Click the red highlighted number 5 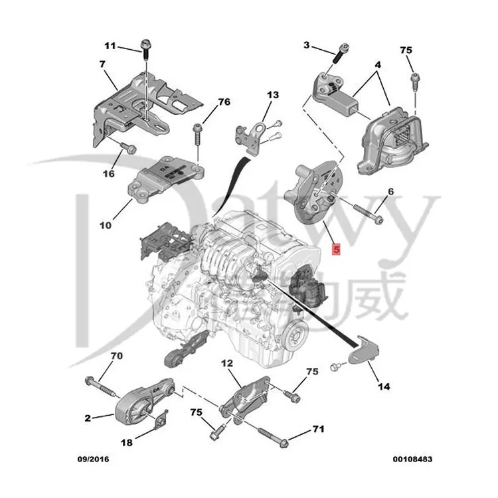336,250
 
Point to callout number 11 110,46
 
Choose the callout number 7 102,64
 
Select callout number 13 274,95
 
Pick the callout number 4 377,65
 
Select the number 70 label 116,356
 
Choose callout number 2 88,418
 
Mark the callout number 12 227,363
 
